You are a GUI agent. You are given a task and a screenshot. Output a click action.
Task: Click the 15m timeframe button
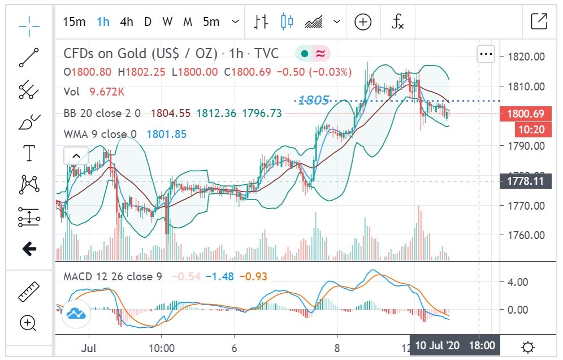point(74,22)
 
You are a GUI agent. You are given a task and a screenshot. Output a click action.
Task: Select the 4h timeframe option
point(127,22)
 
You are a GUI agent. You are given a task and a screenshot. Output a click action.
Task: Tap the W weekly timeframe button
point(167,22)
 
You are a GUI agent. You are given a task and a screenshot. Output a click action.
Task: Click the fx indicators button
point(398,22)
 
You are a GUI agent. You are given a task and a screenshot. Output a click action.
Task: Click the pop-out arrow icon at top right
point(539,22)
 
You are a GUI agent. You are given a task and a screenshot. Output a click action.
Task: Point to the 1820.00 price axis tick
point(526,57)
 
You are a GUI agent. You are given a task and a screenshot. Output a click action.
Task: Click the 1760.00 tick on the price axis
point(526,235)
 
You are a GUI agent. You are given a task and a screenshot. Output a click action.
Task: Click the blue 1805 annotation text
point(313,101)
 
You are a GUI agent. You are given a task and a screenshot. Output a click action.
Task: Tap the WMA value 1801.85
point(166,134)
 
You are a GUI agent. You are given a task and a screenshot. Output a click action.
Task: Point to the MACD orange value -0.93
point(253,276)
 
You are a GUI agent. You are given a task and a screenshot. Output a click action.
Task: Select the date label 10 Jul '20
point(438,345)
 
